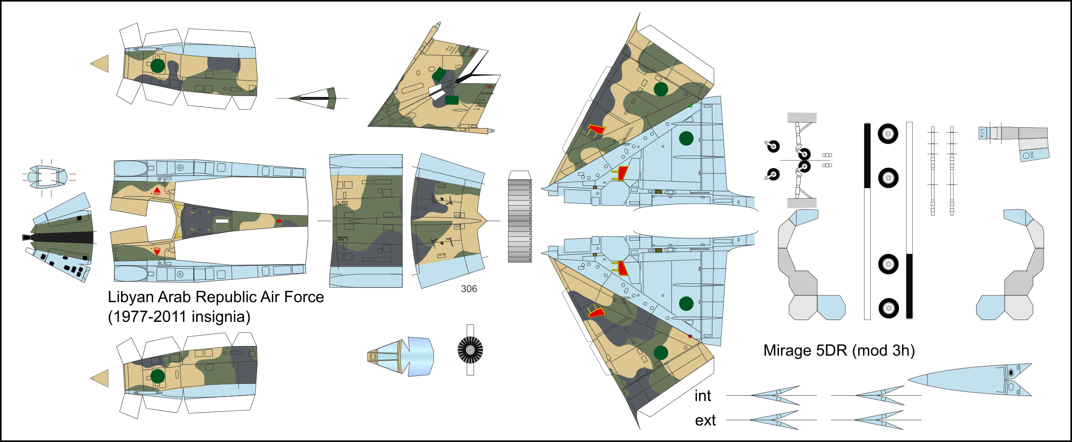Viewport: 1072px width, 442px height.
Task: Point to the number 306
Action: pos(469,289)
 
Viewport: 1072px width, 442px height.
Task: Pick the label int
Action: pos(702,396)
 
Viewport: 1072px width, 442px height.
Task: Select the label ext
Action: pos(705,421)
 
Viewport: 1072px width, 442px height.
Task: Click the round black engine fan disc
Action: pos(470,350)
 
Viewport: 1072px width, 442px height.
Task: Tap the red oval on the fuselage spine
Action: pos(279,221)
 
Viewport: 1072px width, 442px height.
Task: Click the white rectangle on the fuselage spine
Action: pos(222,221)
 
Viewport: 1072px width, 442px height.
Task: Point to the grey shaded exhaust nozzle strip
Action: pos(519,221)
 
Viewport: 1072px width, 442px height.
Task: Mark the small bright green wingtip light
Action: pos(690,106)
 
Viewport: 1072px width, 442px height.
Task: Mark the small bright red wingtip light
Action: pos(690,336)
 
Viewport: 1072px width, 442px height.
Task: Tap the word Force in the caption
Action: pos(304,297)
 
